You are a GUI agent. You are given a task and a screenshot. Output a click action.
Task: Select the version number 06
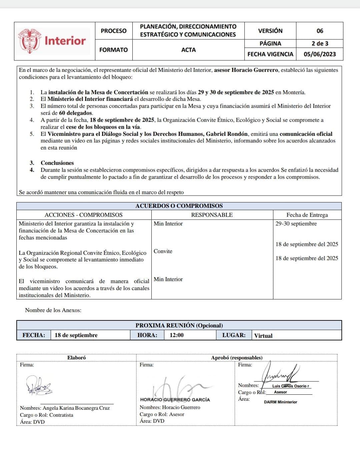point(320,31)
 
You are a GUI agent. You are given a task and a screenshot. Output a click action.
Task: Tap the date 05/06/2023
point(320,54)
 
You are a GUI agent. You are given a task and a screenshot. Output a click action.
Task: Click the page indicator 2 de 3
point(320,43)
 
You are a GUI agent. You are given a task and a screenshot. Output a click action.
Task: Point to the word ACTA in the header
point(188,50)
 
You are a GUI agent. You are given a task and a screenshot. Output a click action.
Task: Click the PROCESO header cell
point(114,31)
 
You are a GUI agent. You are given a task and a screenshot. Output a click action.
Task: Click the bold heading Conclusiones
point(57,163)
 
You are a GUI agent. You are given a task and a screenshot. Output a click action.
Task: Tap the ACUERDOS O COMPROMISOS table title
point(179,206)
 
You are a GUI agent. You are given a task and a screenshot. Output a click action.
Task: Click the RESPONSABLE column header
point(212,215)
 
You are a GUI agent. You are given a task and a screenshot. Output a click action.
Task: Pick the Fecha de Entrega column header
point(307,215)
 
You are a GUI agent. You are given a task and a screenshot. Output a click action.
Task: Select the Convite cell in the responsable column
point(163,251)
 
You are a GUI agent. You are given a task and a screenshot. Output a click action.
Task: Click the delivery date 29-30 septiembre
point(296,224)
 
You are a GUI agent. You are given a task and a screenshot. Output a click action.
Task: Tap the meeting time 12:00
point(176,335)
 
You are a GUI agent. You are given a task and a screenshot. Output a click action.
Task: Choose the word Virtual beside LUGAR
point(263,336)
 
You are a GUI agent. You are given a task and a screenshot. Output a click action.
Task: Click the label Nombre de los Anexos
point(53,310)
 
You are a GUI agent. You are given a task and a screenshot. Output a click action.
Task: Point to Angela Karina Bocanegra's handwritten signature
point(39,386)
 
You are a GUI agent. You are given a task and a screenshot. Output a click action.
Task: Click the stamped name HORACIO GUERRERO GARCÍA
point(175,399)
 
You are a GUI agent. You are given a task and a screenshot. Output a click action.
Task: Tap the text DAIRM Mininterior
point(280,402)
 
